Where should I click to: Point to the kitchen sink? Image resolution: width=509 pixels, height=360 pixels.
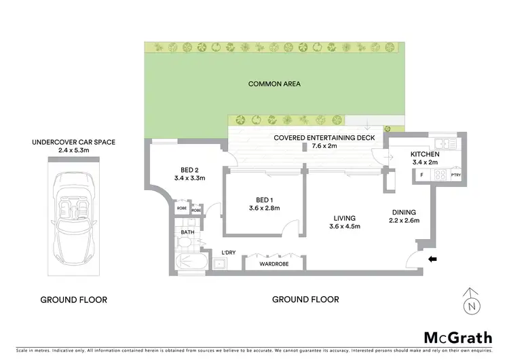tap(447, 144)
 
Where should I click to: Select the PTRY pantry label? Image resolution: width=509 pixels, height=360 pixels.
tap(456, 175)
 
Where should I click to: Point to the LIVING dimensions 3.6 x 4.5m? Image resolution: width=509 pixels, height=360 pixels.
tap(340, 226)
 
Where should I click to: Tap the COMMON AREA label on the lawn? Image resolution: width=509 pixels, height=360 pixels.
tap(274, 84)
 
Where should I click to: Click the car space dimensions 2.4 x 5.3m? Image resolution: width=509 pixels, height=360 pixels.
tap(73, 151)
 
